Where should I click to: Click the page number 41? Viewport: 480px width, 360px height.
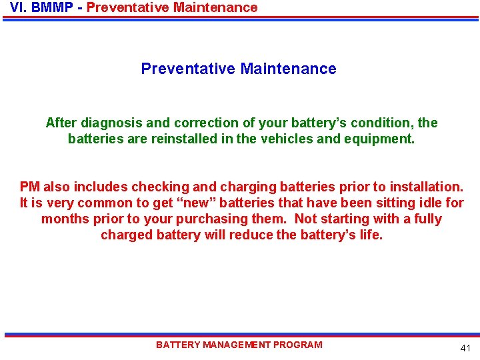pos(465,349)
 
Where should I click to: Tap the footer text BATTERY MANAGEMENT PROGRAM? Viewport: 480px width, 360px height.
pos(239,345)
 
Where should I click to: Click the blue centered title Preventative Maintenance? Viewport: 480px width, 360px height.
pos(239,69)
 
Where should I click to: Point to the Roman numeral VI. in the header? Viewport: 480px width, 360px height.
pos(18,8)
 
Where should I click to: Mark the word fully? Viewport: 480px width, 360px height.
pos(426,219)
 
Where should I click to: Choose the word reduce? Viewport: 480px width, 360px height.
pos(251,235)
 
